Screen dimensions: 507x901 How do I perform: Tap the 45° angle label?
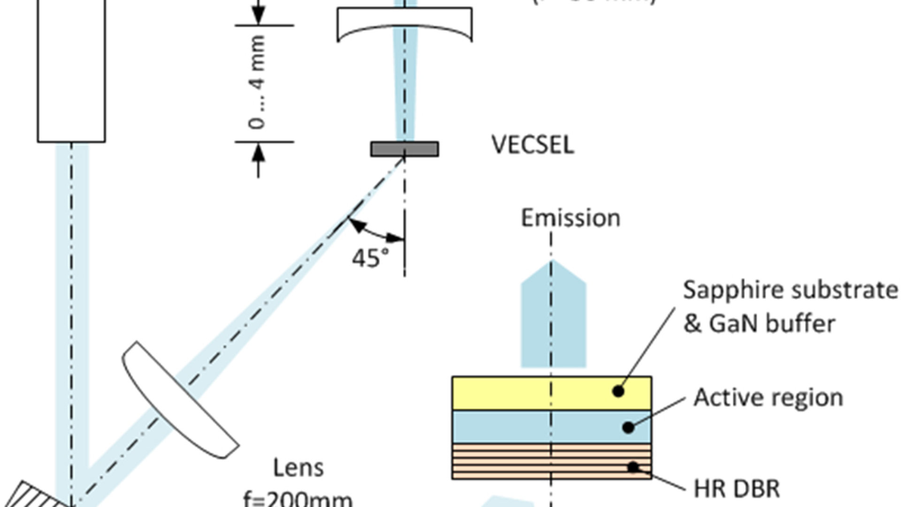[x=370, y=258]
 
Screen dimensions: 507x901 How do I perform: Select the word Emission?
[x=570, y=218]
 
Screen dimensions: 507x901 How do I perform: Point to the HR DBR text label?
[x=736, y=489]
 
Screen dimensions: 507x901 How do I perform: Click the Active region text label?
[x=768, y=398]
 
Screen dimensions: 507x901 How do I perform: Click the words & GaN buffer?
[x=759, y=324]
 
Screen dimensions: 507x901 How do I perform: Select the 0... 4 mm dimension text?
[x=258, y=83]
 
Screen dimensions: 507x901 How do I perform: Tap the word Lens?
[x=298, y=468]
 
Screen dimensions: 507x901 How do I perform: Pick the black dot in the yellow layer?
[x=618, y=391]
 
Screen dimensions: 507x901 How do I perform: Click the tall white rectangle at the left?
[x=71, y=70]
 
